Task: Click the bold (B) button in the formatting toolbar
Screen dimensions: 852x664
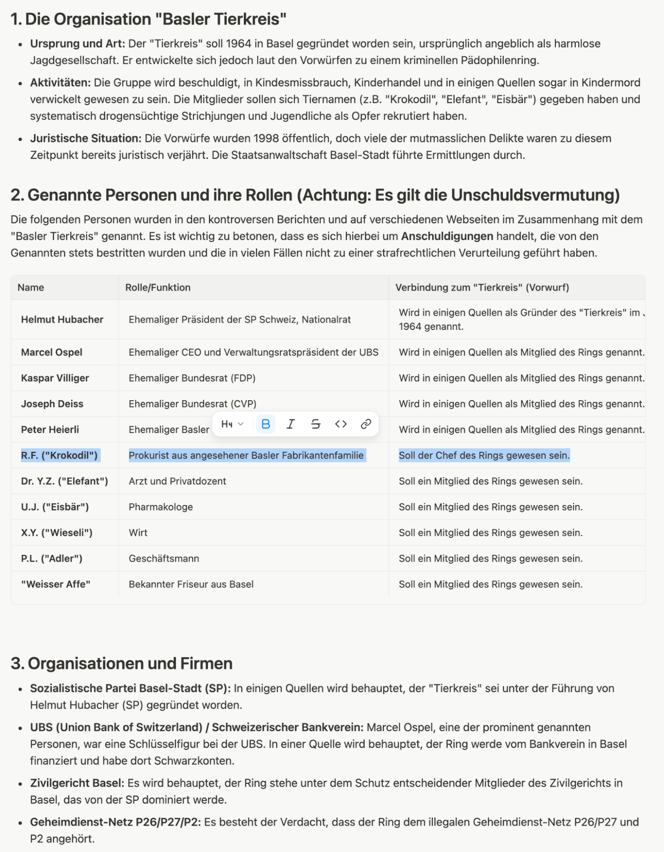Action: click(266, 424)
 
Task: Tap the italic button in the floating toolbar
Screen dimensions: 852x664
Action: click(291, 424)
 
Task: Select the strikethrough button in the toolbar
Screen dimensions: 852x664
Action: click(316, 424)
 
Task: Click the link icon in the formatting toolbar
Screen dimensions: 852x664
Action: click(366, 424)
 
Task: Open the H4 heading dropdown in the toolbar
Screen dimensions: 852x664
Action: click(232, 424)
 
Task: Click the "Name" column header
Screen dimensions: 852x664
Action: click(31, 288)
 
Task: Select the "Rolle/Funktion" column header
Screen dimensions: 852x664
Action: click(158, 288)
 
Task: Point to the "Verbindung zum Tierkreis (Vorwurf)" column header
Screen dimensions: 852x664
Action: click(482, 288)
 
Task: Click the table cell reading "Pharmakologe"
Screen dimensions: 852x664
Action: click(161, 507)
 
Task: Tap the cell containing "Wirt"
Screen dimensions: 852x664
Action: click(138, 533)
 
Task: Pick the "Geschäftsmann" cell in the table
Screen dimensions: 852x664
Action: click(164, 559)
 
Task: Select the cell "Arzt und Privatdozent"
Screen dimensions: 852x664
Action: click(177, 481)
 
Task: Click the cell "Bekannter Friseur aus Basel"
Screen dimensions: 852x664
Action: click(191, 584)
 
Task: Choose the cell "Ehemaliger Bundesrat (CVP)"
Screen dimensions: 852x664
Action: click(192, 404)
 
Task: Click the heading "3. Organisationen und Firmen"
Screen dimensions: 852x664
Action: click(121, 664)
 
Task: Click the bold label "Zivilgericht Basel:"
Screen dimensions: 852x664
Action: click(77, 783)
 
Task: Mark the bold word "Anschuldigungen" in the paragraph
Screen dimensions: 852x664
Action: click(447, 237)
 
